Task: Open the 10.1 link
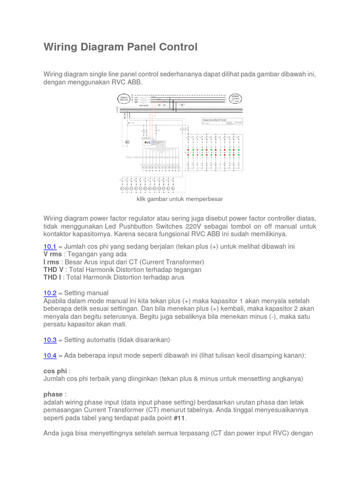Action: click(x=50, y=247)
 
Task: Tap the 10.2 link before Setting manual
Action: click(x=50, y=293)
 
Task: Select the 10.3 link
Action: click(x=50, y=339)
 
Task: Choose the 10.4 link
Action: click(x=50, y=355)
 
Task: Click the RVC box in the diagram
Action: click(x=148, y=141)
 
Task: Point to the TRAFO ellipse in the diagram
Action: click(x=124, y=98)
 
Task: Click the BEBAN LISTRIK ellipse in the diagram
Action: click(x=236, y=99)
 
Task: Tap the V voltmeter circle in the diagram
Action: click(x=182, y=105)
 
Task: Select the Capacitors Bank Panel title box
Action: click(x=222, y=120)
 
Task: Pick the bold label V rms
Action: click(x=52, y=254)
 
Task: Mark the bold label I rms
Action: click(x=51, y=262)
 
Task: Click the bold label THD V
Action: click(x=53, y=270)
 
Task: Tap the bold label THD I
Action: click(x=52, y=277)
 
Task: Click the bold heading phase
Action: click(x=53, y=394)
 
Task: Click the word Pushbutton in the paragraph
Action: click(x=143, y=226)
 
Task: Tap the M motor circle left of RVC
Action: click(x=126, y=141)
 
